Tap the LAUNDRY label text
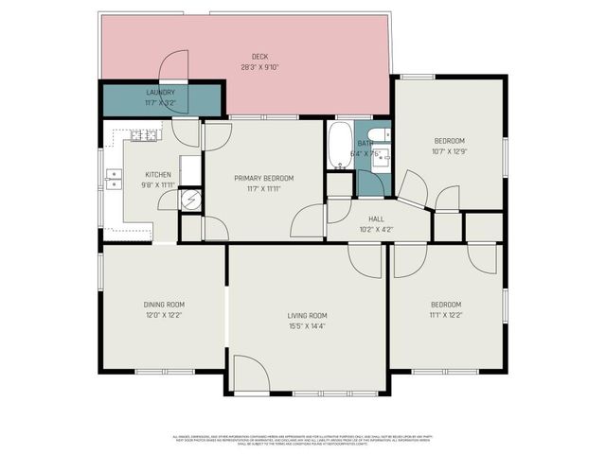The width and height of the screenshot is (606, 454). click(x=160, y=92)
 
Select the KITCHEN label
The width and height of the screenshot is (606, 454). click(x=158, y=174)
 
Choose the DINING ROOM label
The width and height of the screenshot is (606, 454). click(x=164, y=305)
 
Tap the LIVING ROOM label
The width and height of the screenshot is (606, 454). click(x=308, y=315)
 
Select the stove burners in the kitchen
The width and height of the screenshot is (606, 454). click(x=145, y=135)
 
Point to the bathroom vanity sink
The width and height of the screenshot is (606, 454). click(x=380, y=158)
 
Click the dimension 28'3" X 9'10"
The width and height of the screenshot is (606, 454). click(x=258, y=67)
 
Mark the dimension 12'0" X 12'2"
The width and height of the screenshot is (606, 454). click(x=164, y=315)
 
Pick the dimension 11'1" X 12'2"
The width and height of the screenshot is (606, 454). click(x=446, y=315)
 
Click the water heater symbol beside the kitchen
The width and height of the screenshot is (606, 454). click(x=190, y=200)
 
